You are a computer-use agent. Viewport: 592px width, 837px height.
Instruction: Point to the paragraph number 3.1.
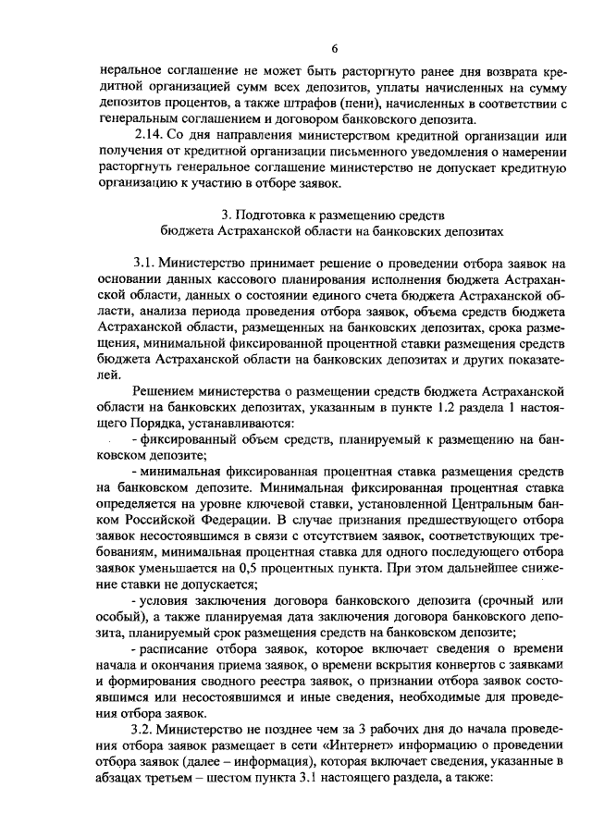tap(150, 263)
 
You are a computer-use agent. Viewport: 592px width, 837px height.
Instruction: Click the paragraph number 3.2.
tap(149, 730)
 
